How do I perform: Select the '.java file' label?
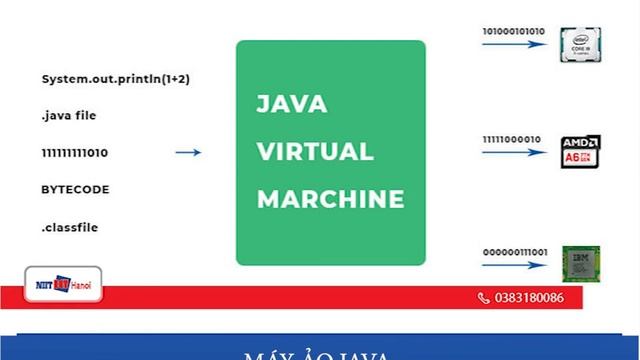click(x=69, y=116)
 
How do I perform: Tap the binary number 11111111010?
click(x=75, y=153)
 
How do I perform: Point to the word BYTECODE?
click(x=75, y=190)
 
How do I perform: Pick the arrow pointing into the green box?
click(x=187, y=153)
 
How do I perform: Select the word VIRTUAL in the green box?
click(x=315, y=152)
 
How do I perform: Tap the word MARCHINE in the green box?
click(x=330, y=198)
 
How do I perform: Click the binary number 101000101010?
click(x=514, y=30)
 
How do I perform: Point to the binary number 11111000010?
click(x=511, y=140)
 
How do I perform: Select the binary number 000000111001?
click(x=513, y=250)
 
